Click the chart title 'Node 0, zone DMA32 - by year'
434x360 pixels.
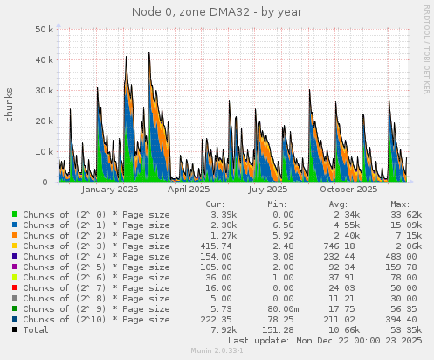tap(217, 11)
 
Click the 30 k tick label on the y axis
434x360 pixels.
tap(41, 90)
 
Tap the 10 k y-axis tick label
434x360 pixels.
tap(41, 152)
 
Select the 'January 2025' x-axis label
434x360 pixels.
tap(110, 189)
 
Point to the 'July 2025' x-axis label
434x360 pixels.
tap(268, 189)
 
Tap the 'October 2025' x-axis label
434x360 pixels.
tap(348, 189)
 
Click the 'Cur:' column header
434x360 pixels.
tap(213, 204)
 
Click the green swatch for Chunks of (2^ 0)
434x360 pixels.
tap(15, 214)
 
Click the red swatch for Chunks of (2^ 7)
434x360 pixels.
tap(15, 287)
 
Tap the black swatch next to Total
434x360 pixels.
tap(15, 329)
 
